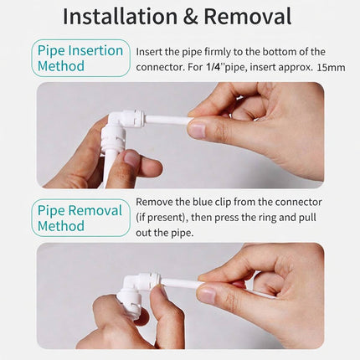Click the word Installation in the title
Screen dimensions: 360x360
(120, 16)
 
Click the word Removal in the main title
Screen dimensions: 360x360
(248, 16)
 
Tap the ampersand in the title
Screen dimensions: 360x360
(191, 17)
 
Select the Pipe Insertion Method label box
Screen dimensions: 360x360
(80, 58)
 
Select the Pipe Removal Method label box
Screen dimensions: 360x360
(80, 218)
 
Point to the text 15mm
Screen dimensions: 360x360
(331, 68)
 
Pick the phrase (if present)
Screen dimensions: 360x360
(161, 218)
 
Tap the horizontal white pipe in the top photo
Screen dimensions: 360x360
(167, 121)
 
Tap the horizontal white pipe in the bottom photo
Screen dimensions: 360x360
(182, 284)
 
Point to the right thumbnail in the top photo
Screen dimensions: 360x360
(198, 131)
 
